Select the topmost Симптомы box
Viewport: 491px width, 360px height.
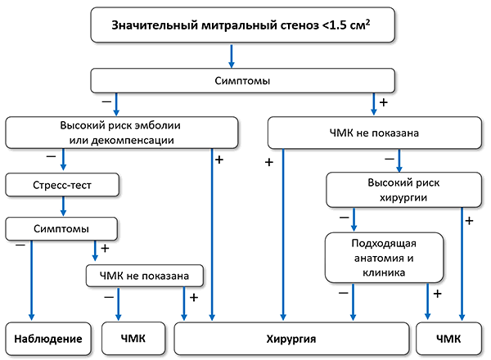(242, 81)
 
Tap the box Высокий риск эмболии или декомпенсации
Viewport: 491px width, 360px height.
(123, 132)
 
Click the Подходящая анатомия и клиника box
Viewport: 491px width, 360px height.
(384, 256)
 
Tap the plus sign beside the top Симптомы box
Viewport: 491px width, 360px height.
(384, 103)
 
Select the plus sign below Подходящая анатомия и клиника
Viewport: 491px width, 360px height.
(437, 293)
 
